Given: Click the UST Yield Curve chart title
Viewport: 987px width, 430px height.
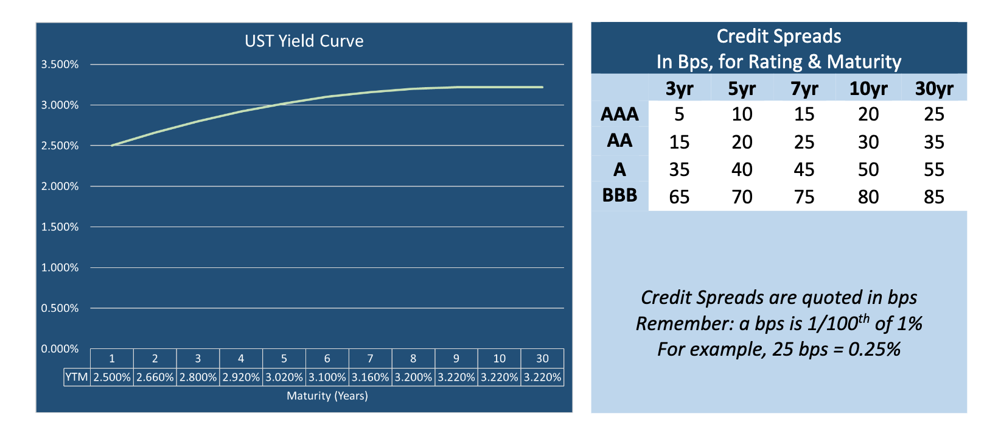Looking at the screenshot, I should pyautogui.click(x=304, y=41).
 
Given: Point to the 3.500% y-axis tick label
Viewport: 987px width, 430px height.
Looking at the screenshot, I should pyautogui.click(x=60, y=65).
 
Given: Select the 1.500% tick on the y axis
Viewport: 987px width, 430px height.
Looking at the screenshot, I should pyautogui.click(x=60, y=227).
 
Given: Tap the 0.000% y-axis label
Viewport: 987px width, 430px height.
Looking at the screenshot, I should pyautogui.click(x=60, y=349).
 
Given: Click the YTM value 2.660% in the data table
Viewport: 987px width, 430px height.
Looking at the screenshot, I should pyautogui.click(x=155, y=377).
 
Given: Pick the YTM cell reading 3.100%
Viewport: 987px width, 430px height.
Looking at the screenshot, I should pyautogui.click(x=327, y=377).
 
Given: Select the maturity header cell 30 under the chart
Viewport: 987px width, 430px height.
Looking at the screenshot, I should pyautogui.click(x=542, y=359).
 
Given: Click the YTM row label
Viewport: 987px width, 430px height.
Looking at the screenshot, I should pyautogui.click(x=77, y=377).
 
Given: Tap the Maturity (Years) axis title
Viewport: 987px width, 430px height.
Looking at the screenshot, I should pyautogui.click(x=327, y=396).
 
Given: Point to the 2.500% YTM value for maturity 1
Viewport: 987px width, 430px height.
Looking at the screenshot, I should pyautogui.click(x=112, y=377).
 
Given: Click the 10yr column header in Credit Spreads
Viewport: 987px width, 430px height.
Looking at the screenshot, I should pyautogui.click(x=868, y=89).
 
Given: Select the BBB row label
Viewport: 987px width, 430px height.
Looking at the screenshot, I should pyautogui.click(x=619, y=196).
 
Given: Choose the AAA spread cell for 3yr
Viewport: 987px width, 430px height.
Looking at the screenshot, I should pyautogui.click(x=679, y=115).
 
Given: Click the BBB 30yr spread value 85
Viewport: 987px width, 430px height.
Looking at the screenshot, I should pyautogui.click(x=933, y=197).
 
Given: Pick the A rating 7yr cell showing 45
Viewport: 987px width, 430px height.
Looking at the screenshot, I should pyautogui.click(x=804, y=169).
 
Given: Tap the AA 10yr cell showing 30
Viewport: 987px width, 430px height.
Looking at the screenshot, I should pyautogui.click(x=868, y=142).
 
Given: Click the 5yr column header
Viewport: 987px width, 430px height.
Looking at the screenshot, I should pyautogui.click(x=742, y=89).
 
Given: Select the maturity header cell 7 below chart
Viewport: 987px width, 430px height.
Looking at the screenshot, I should pyautogui.click(x=370, y=359).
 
